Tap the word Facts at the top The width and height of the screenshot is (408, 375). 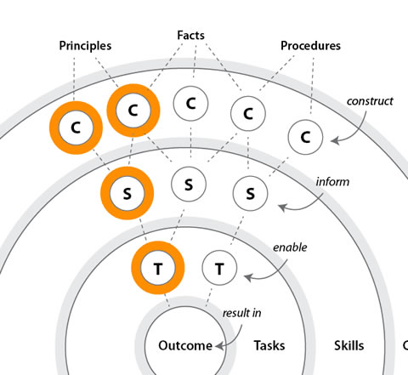tap(192, 36)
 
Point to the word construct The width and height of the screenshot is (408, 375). tap(370, 101)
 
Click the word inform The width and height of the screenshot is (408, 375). tap(331, 182)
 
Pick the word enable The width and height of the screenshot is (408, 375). tap(289, 248)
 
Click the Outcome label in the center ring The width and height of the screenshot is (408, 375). tap(184, 346)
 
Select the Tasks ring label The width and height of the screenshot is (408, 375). tap(269, 346)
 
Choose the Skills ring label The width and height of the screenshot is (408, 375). tap(348, 346)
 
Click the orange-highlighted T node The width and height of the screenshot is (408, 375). tap(157, 269)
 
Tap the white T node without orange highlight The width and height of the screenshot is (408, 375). tap(219, 269)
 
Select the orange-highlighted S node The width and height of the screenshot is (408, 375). tap(127, 193)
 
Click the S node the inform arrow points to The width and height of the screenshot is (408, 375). tap(250, 193)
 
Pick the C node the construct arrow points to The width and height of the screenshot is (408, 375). tap(305, 135)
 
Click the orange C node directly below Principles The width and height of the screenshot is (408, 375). tap(76, 128)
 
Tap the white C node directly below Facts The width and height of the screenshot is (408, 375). tap(190, 104)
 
